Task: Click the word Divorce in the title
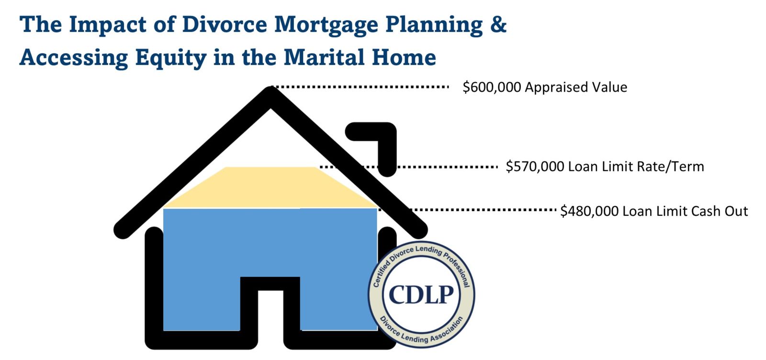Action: click(x=225, y=24)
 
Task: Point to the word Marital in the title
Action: click(x=324, y=57)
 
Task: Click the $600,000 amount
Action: click(x=492, y=87)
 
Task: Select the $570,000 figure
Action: click(x=535, y=167)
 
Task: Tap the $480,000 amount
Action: click(x=589, y=211)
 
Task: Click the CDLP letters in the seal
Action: click(x=421, y=294)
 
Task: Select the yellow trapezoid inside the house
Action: click(x=270, y=187)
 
